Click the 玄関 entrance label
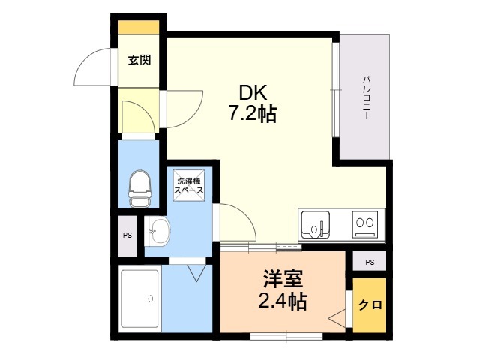[x=139, y=60]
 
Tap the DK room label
[x=253, y=93]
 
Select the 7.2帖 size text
[x=253, y=114]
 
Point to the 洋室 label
[x=283, y=279]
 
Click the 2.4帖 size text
[x=283, y=301]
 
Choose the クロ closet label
[x=370, y=305]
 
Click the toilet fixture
[x=139, y=189]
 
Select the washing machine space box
[x=188, y=185]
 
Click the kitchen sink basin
[x=316, y=225]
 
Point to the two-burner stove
[x=365, y=225]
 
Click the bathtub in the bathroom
[x=139, y=298]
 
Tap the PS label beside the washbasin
[x=127, y=235]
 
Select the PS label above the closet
[x=370, y=262]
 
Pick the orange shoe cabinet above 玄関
[x=139, y=27]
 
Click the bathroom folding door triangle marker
[x=197, y=272]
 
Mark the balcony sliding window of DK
[x=336, y=89]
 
